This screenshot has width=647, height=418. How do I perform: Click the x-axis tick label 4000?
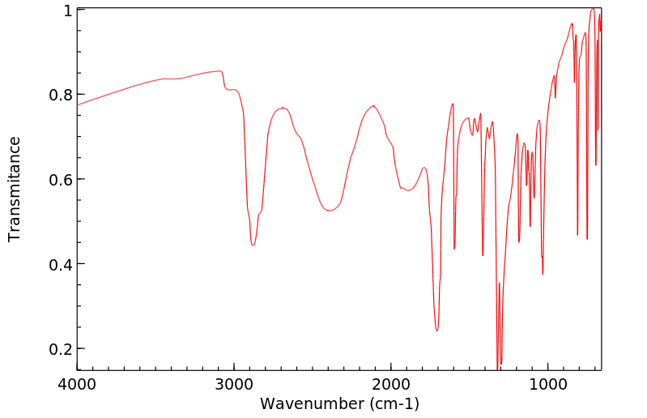(77, 383)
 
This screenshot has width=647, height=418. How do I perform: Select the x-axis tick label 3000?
(234, 383)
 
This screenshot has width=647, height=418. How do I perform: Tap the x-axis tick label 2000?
(391, 383)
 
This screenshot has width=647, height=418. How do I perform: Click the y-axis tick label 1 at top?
(66, 11)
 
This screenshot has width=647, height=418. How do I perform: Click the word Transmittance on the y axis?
(15, 189)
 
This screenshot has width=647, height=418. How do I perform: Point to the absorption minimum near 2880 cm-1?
(253, 245)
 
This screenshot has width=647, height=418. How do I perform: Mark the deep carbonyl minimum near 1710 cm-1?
(437, 331)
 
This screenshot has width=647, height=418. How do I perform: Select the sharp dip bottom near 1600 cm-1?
(454, 248)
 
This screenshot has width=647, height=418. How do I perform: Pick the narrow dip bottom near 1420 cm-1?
(483, 255)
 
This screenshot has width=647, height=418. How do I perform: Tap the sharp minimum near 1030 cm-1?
(543, 274)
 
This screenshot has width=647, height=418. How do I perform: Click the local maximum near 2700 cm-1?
(283, 107)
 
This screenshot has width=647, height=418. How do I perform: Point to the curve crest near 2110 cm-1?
(373, 105)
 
